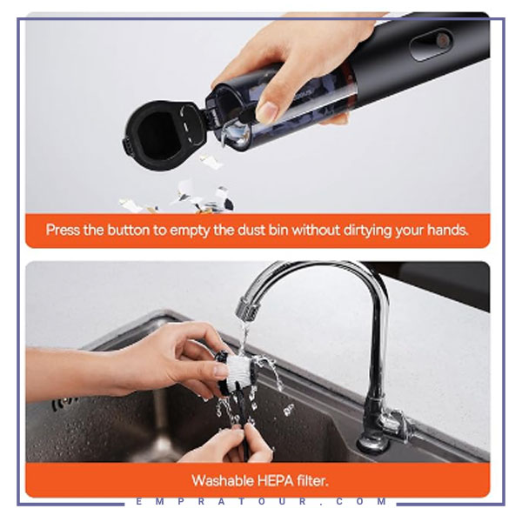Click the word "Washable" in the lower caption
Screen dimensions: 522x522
223,481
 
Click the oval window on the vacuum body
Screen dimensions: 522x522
432,44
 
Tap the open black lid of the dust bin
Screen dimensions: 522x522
164,135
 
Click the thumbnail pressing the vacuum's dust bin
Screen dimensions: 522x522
267,111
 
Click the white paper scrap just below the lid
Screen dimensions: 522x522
211,161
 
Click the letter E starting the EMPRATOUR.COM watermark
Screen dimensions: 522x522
139,501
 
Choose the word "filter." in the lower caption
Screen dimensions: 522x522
313,481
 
